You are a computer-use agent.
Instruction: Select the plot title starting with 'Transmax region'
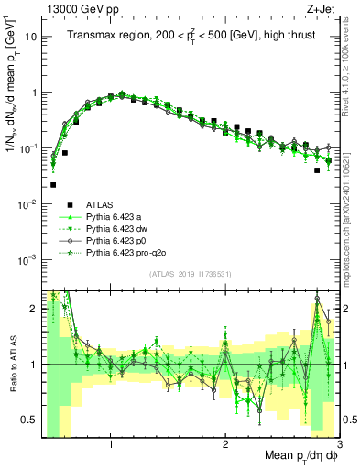(191, 36)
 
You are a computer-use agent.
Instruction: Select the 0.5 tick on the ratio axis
(29, 420)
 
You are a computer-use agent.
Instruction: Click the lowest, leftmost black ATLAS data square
(53, 184)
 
